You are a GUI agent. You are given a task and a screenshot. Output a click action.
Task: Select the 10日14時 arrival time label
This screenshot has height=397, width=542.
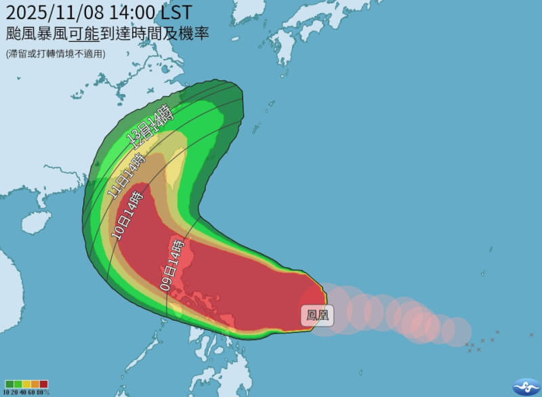(x=128, y=214)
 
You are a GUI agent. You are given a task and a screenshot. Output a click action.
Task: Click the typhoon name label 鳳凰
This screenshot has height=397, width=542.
(x=317, y=316)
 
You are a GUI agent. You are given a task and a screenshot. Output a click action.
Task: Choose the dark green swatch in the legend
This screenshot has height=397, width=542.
(x=8, y=384)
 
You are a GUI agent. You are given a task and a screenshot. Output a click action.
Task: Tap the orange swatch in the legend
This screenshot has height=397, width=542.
(x=35, y=384)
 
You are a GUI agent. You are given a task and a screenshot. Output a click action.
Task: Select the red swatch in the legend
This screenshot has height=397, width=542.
(x=44, y=384)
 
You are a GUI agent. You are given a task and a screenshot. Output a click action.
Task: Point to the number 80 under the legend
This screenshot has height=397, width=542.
(x=43, y=392)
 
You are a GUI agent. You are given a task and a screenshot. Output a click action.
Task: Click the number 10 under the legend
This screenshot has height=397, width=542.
(x=7, y=392)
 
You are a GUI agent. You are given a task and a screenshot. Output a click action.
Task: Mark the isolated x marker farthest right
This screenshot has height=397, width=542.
(x=497, y=332)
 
